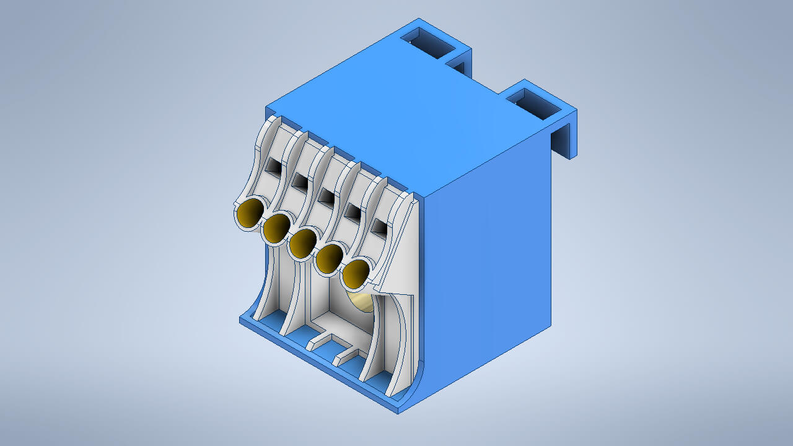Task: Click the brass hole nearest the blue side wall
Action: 355,275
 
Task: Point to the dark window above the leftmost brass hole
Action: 273,165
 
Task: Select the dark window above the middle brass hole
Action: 326,196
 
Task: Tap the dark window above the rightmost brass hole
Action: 379,226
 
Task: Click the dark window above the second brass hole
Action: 300,181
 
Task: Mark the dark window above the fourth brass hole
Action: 353,212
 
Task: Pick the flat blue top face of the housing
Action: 409,124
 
